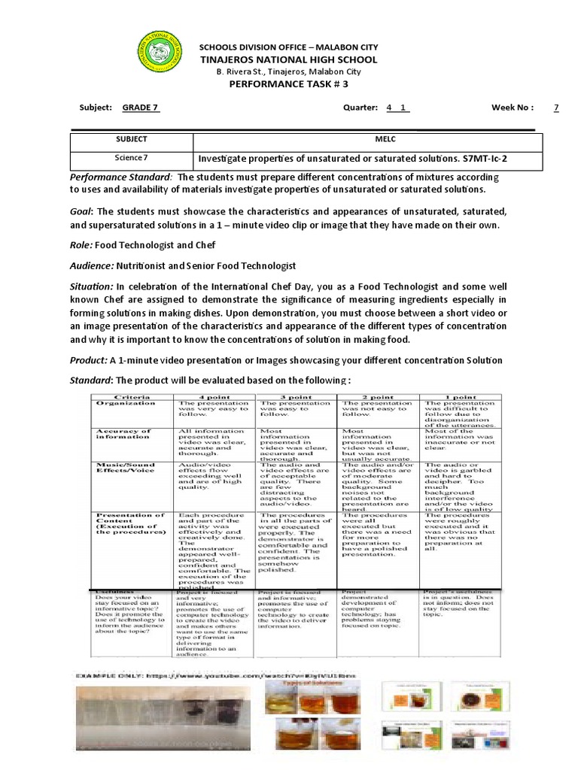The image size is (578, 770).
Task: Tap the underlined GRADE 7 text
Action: click(x=141, y=108)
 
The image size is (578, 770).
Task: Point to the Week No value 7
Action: click(x=556, y=108)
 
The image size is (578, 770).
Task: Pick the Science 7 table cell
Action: click(x=132, y=159)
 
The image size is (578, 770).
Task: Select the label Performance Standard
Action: click(x=120, y=176)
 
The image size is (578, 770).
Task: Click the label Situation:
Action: click(x=92, y=286)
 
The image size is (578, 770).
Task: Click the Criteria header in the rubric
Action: click(x=131, y=396)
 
